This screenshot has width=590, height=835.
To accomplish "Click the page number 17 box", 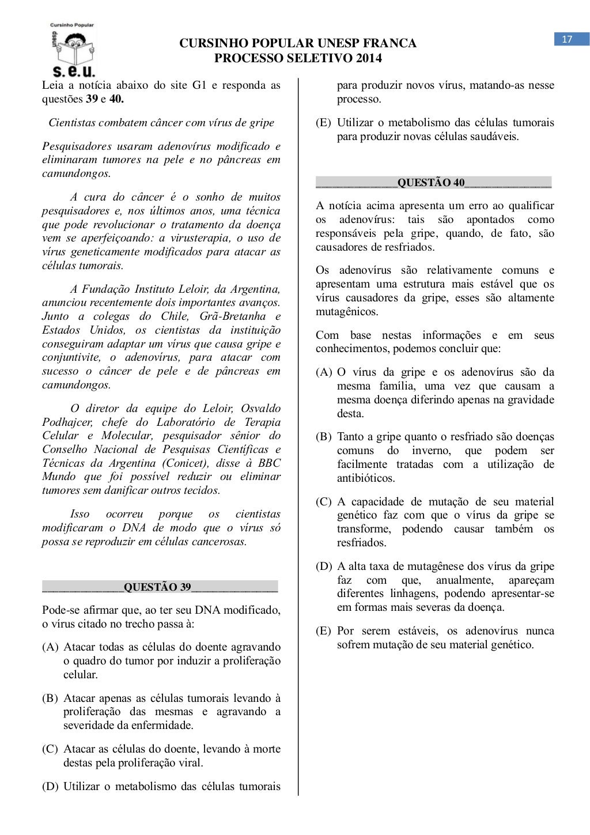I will click(x=567, y=39).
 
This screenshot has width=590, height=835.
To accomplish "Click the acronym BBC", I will click(x=269, y=463).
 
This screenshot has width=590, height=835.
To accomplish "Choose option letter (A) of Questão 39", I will click(x=50, y=647).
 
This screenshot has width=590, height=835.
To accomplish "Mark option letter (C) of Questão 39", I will click(x=50, y=749).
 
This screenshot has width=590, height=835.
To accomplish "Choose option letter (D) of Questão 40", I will click(x=324, y=566).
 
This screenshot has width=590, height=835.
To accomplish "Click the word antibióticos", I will click(x=366, y=478).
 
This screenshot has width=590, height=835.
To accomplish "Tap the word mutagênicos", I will click(x=347, y=312).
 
